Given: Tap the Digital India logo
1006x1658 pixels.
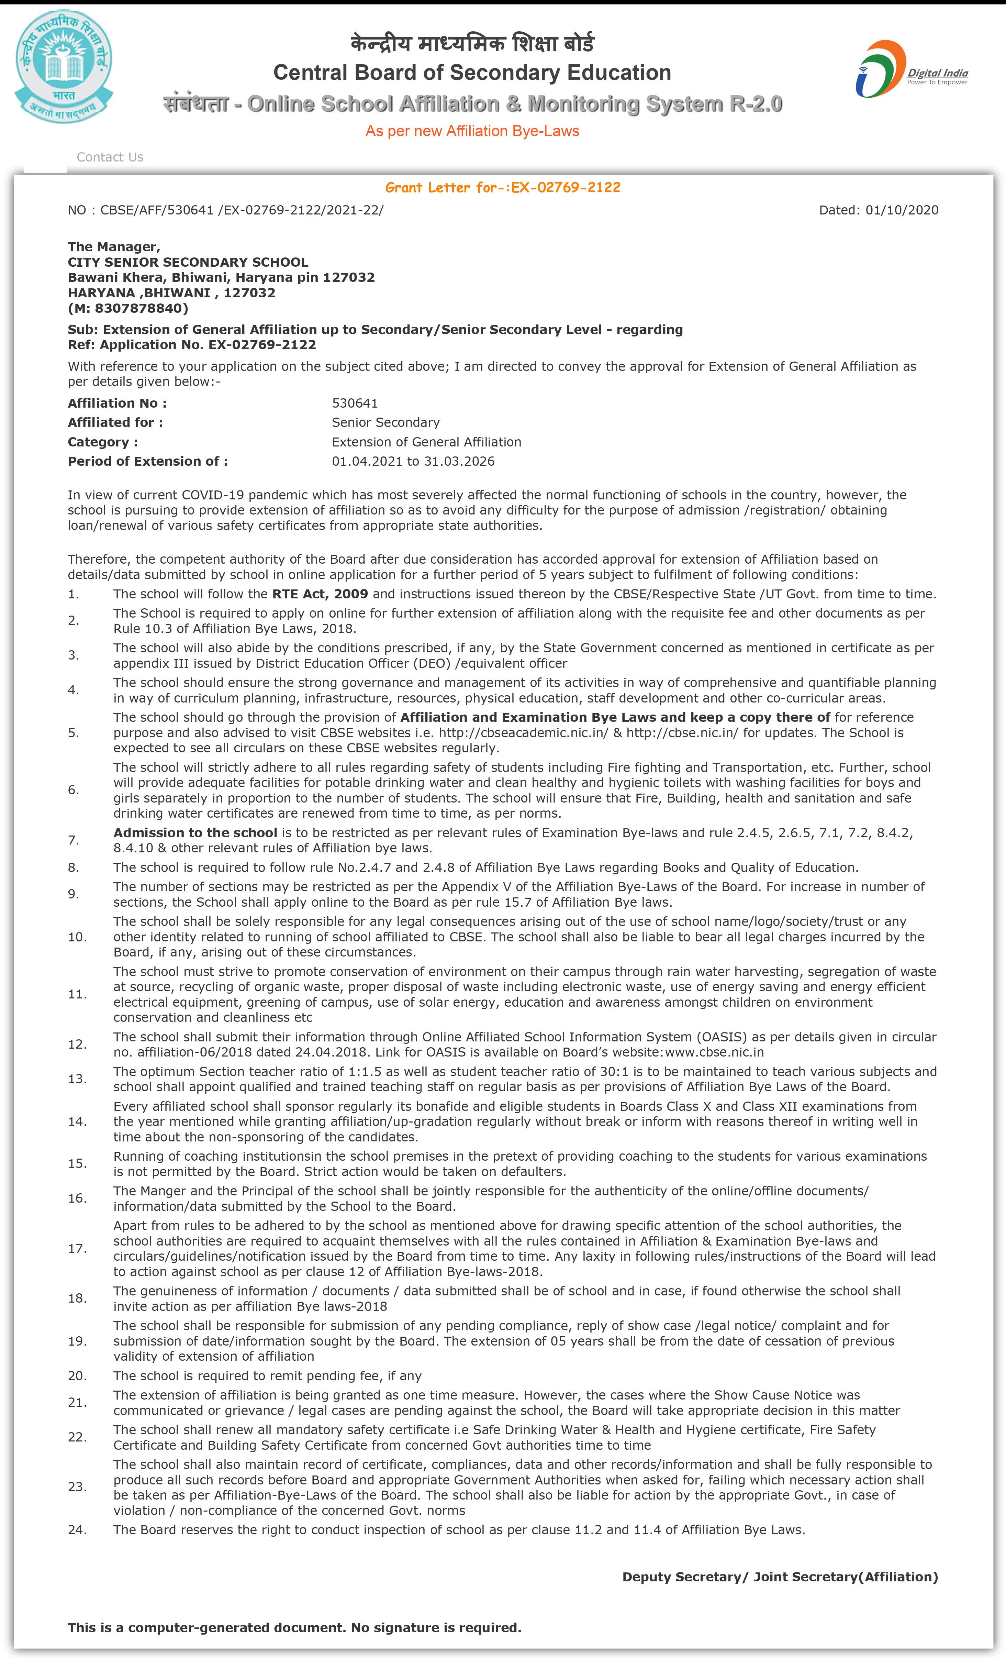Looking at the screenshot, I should (x=911, y=69).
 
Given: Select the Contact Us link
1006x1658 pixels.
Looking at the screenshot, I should (x=110, y=157).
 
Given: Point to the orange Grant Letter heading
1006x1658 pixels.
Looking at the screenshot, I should (x=502, y=187).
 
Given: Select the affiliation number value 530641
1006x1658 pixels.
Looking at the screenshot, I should (x=355, y=403).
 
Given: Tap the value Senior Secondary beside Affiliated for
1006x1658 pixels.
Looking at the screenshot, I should (x=385, y=422).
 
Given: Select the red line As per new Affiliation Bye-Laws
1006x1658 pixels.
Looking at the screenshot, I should (x=472, y=131).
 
